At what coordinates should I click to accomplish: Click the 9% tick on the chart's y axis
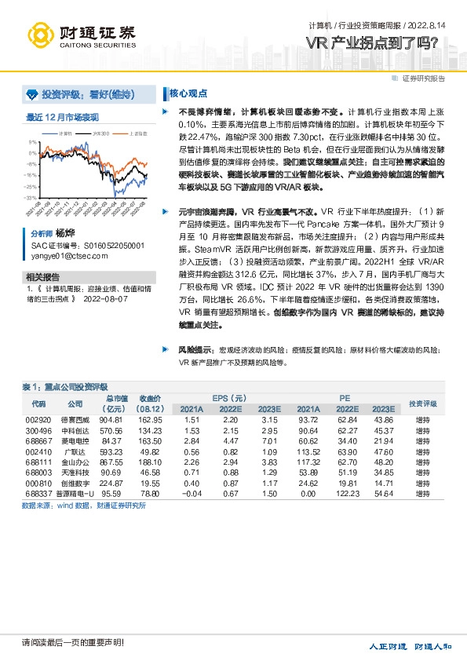[34, 142]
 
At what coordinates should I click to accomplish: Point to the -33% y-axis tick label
[32, 198]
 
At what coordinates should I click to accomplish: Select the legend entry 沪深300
[100, 133]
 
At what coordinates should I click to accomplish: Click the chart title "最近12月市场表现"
[63, 117]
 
